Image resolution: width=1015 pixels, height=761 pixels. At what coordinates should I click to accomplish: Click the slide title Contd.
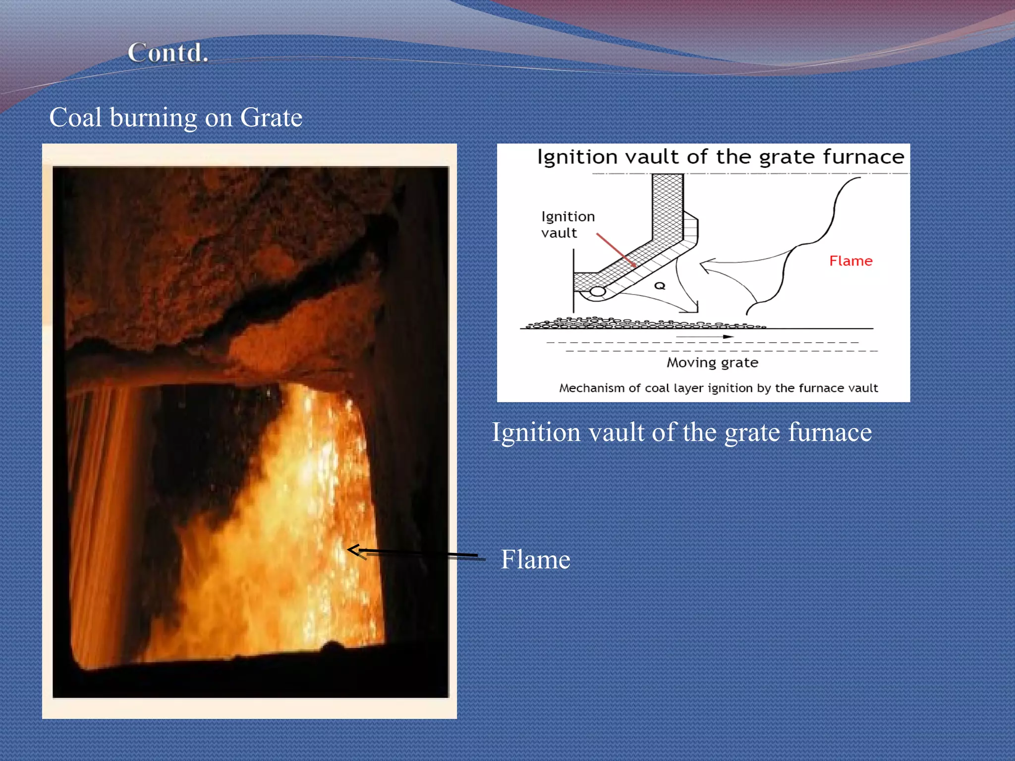click(x=168, y=53)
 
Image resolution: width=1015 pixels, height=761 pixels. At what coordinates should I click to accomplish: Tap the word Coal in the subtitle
click(x=75, y=118)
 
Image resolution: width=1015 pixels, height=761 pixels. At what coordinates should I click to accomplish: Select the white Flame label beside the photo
click(x=535, y=559)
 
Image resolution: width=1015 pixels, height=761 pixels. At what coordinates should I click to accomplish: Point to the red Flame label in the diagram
click(x=850, y=261)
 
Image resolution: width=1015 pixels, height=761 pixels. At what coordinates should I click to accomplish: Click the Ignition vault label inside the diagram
click(x=567, y=224)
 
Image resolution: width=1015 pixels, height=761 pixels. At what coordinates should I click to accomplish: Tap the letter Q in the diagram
click(x=660, y=286)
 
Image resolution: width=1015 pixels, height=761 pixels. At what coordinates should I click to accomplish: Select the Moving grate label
click(x=712, y=363)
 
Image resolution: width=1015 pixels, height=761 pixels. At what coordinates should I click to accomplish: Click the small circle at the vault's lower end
click(x=598, y=291)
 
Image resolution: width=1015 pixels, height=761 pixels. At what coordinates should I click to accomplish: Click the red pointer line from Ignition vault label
click(x=616, y=250)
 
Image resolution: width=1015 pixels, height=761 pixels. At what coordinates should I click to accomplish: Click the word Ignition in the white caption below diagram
click(x=535, y=432)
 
